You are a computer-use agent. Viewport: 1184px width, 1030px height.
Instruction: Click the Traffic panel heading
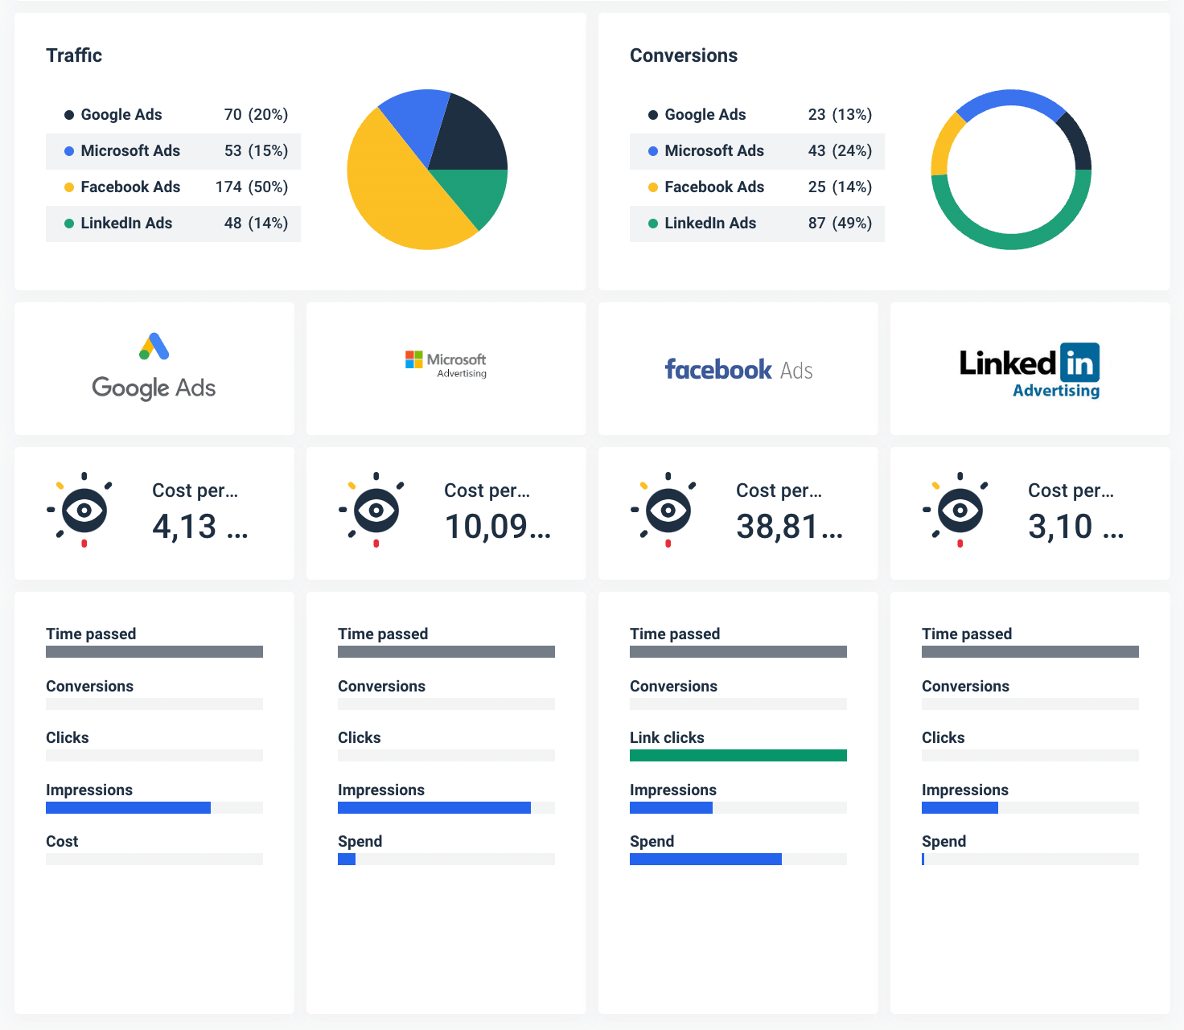[x=74, y=55]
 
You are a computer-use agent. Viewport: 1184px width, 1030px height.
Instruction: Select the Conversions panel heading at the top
[x=683, y=55]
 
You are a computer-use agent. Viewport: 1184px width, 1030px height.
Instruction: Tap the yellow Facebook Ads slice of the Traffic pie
[x=394, y=193]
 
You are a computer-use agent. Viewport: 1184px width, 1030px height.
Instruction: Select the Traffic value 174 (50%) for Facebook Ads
[x=251, y=187]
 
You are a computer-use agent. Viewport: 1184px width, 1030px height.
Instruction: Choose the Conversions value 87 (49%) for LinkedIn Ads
[x=840, y=224]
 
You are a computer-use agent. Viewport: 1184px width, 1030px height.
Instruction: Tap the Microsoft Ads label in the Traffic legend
[x=130, y=151]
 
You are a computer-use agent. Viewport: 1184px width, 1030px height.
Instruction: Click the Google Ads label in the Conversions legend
[x=705, y=115]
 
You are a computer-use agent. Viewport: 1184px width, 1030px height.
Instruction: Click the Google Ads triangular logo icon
[x=154, y=347]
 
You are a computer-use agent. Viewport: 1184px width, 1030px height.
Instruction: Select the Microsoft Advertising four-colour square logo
[x=414, y=359]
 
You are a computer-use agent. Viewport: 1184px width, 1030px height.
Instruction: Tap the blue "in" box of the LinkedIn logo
[x=1079, y=363]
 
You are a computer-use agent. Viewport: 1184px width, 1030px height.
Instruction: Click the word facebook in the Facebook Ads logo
[x=718, y=370]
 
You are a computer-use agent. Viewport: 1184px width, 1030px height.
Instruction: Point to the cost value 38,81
[x=777, y=527]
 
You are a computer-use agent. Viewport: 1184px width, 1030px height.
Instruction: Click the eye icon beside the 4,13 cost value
[x=84, y=511]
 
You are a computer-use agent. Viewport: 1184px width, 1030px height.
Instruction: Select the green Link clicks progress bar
[x=738, y=755]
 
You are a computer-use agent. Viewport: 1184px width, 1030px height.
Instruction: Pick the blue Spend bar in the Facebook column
[x=705, y=860]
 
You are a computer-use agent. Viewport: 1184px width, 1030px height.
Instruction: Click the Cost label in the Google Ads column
[x=62, y=842]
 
